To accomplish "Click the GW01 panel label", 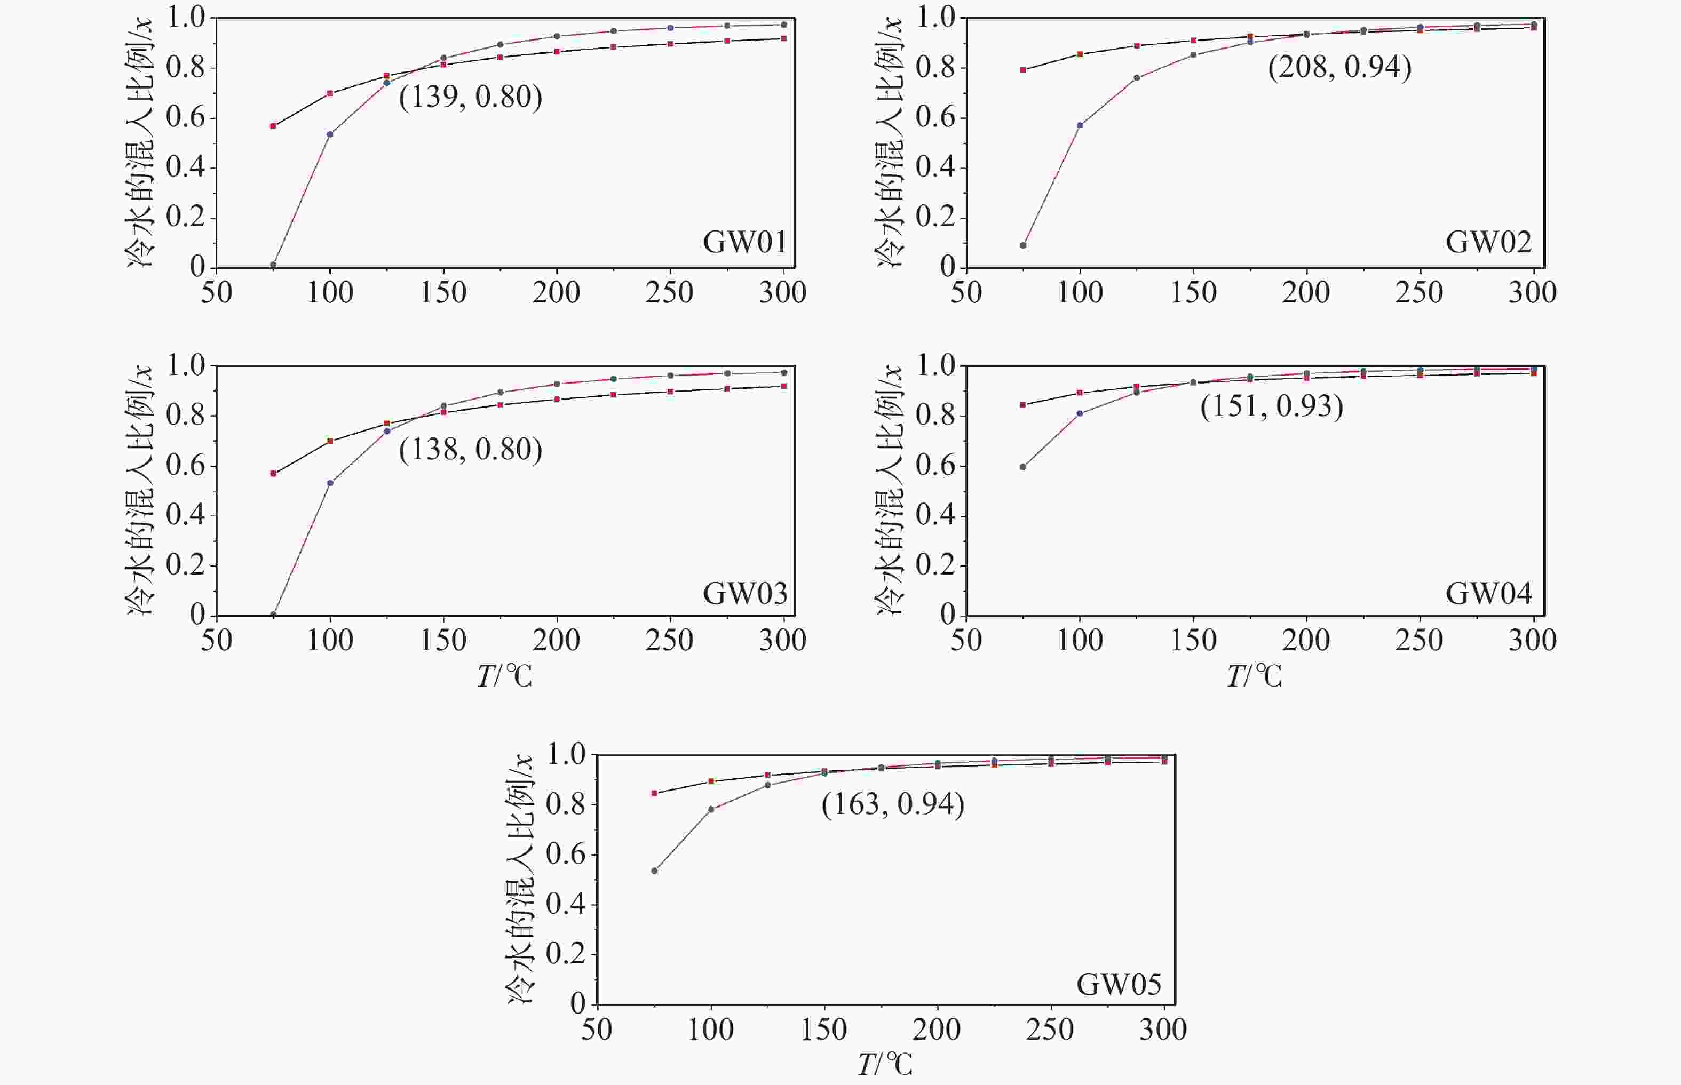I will click(744, 242).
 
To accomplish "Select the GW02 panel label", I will click(1488, 242).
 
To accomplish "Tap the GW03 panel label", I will click(744, 594).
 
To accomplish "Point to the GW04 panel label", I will click(1488, 594).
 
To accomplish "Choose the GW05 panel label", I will click(1119, 984).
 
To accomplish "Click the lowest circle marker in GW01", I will click(273, 265).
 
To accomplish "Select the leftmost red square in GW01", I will click(273, 126).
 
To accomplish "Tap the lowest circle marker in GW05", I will click(655, 871).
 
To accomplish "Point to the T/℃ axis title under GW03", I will click(505, 676).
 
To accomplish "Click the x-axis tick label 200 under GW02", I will click(1306, 292).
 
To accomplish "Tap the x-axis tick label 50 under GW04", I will click(966, 641).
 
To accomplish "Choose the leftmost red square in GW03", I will click(273, 474).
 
